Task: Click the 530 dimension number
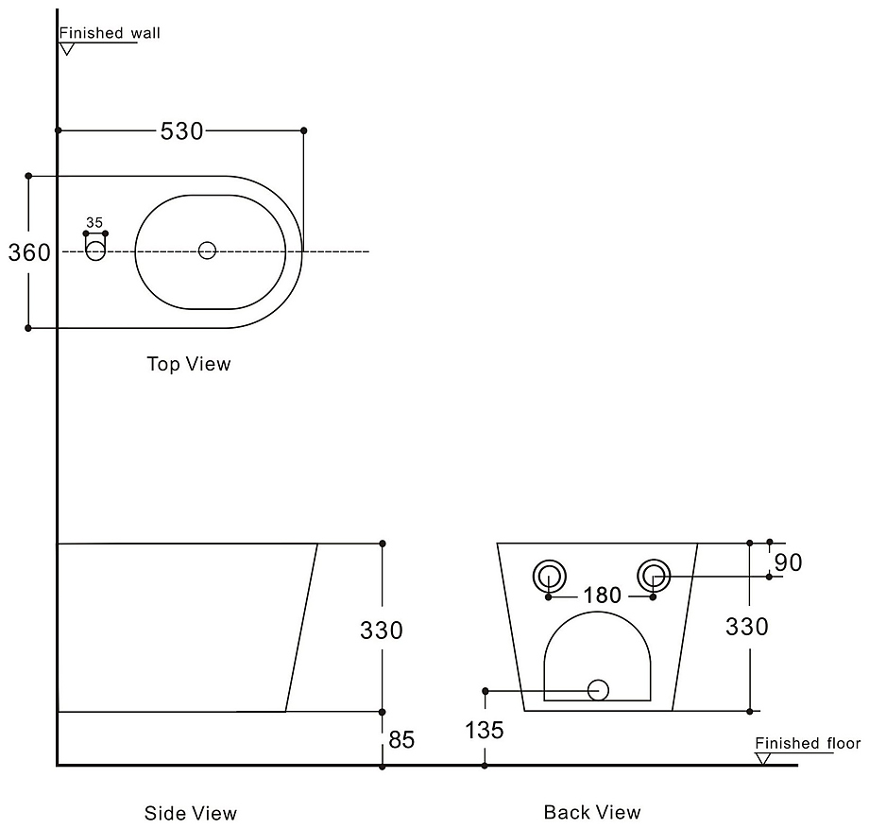point(181,131)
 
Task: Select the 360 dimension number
point(29,252)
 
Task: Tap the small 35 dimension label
point(94,222)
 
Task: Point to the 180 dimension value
point(602,596)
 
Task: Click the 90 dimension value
point(788,562)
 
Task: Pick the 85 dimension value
point(401,739)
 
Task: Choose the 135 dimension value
point(485,730)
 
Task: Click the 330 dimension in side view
point(382,630)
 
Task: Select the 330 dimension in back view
point(747,626)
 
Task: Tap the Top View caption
point(189,364)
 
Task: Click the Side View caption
point(191,813)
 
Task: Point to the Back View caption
point(592,812)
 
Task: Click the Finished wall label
point(111,33)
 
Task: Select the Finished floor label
point(808,744)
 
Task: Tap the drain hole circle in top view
point(208,250)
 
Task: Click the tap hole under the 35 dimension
point(95,250)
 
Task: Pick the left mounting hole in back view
point(549,574)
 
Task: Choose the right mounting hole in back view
point(654,574)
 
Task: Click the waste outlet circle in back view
point(598,690)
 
